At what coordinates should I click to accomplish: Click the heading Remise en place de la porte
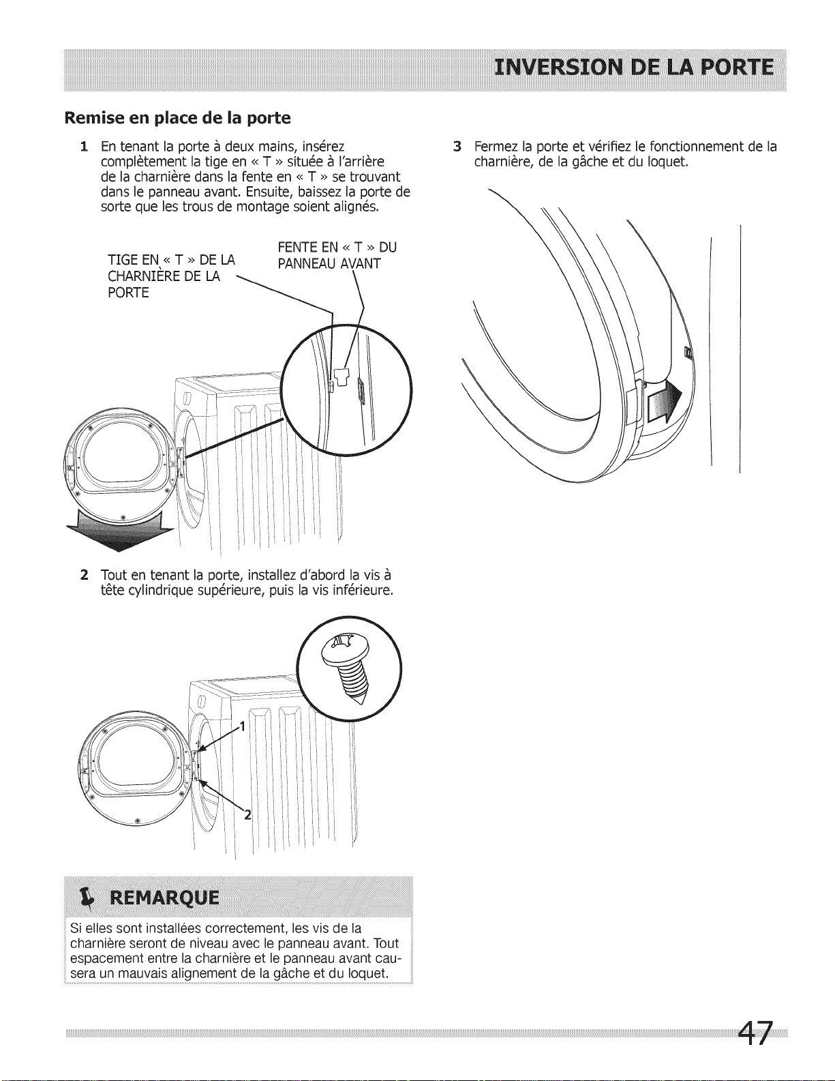point(177,118)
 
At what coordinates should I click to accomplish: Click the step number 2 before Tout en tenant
point(83,574)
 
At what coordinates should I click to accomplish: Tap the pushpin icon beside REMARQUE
point(86,897)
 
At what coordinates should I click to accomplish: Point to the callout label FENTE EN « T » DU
point(337,247)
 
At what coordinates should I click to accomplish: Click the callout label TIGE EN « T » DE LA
point(171,261)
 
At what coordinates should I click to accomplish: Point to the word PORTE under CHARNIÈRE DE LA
point(128,293)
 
